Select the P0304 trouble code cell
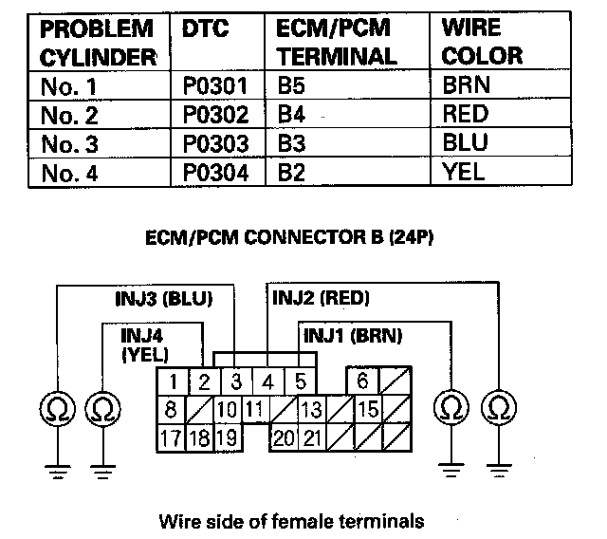(215, 173)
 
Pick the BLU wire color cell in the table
(465, 144)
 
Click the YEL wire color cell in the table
(463, 173)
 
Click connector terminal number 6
(361, 381)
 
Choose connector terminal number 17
(171, 438)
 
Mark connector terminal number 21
(311, 438)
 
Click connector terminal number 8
(171, 410)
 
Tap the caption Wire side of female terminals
(290, 520)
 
